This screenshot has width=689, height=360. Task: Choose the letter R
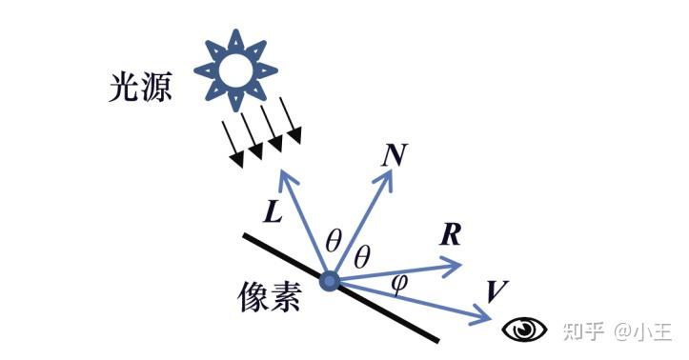point(451,235)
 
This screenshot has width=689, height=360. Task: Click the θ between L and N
point(333,241)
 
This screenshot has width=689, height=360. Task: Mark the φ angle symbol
point(400,283)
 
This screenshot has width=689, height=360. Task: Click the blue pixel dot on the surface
point(330,281)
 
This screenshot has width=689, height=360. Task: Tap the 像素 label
point(269,298)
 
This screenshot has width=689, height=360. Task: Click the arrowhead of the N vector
point(390,178)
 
